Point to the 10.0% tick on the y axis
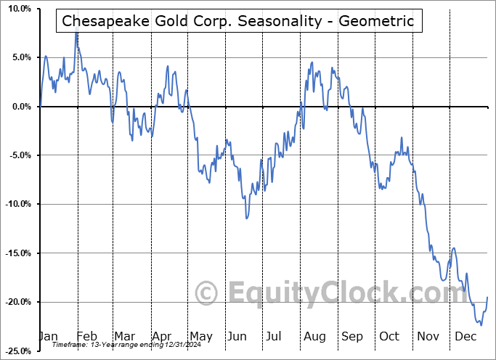[17, 9]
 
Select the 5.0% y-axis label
[19, 57]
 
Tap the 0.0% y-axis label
[19, 107]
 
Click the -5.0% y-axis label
[17, 155]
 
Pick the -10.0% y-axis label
[16, 204]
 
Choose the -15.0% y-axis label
[16, 253]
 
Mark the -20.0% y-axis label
[16, 302]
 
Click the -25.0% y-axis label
[16, 351]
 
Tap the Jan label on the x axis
[48, 336]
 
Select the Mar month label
[124, 336]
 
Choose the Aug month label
[314, 336]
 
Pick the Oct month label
[390, 336]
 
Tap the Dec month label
[466, 336]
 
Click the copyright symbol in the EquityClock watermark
[208, 294]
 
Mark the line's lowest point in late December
[481, 324]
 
